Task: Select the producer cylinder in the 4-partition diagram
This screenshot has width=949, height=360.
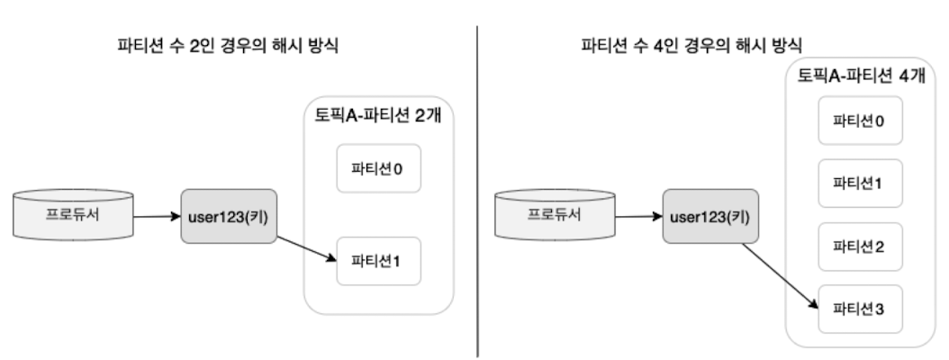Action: click(555, 215)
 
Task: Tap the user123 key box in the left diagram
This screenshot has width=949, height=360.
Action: click(224, 217)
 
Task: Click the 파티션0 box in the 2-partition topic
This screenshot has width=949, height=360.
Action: click(380, 168)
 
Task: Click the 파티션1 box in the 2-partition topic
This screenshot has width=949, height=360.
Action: click(380, 261)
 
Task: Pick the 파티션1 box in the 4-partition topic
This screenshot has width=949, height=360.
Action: click(861, 184)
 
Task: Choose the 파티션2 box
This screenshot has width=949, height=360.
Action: click(861, 246)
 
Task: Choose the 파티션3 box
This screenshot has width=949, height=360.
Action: click(861, 308)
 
